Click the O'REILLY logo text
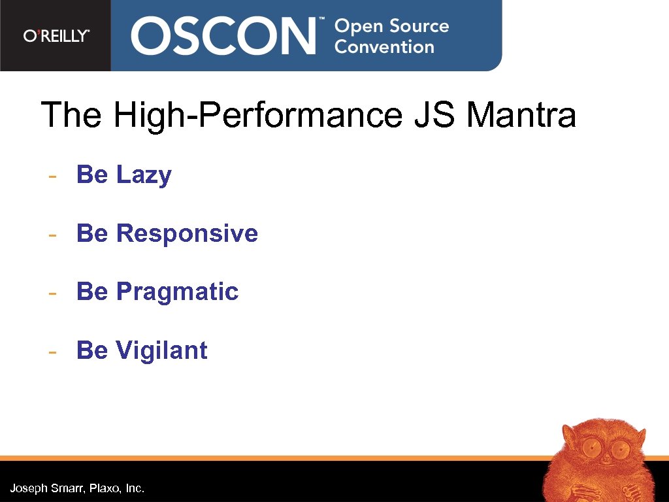[56, 36]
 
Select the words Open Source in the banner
[391, 26]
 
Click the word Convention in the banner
[384, 47]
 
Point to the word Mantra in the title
[521, 116]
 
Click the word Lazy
[144, 175]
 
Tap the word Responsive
[187, 233]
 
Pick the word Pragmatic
[177, 292]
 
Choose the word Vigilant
[161, 350]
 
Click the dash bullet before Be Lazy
[52, 176]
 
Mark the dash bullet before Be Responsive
[52, 234]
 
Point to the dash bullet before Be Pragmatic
[52, 292]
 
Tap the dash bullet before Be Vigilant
[52, 351]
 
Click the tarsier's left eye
[592, 448]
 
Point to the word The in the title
[71, 116]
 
